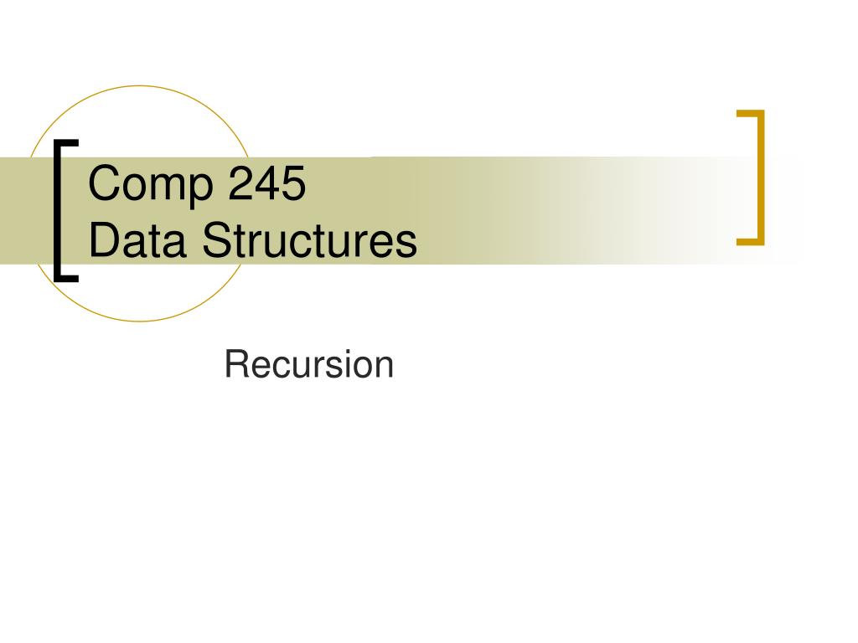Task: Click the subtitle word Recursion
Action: (309, 365)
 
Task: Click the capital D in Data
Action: (103, 241)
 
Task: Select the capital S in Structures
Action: (215, 241)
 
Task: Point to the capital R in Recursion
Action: (235, 365)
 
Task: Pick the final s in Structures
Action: (406, 244)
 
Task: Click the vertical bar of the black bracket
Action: (58, 209)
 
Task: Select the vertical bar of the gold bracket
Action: (761, 177)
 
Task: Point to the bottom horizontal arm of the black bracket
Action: (66, 277)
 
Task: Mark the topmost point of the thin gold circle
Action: (141, 86)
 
